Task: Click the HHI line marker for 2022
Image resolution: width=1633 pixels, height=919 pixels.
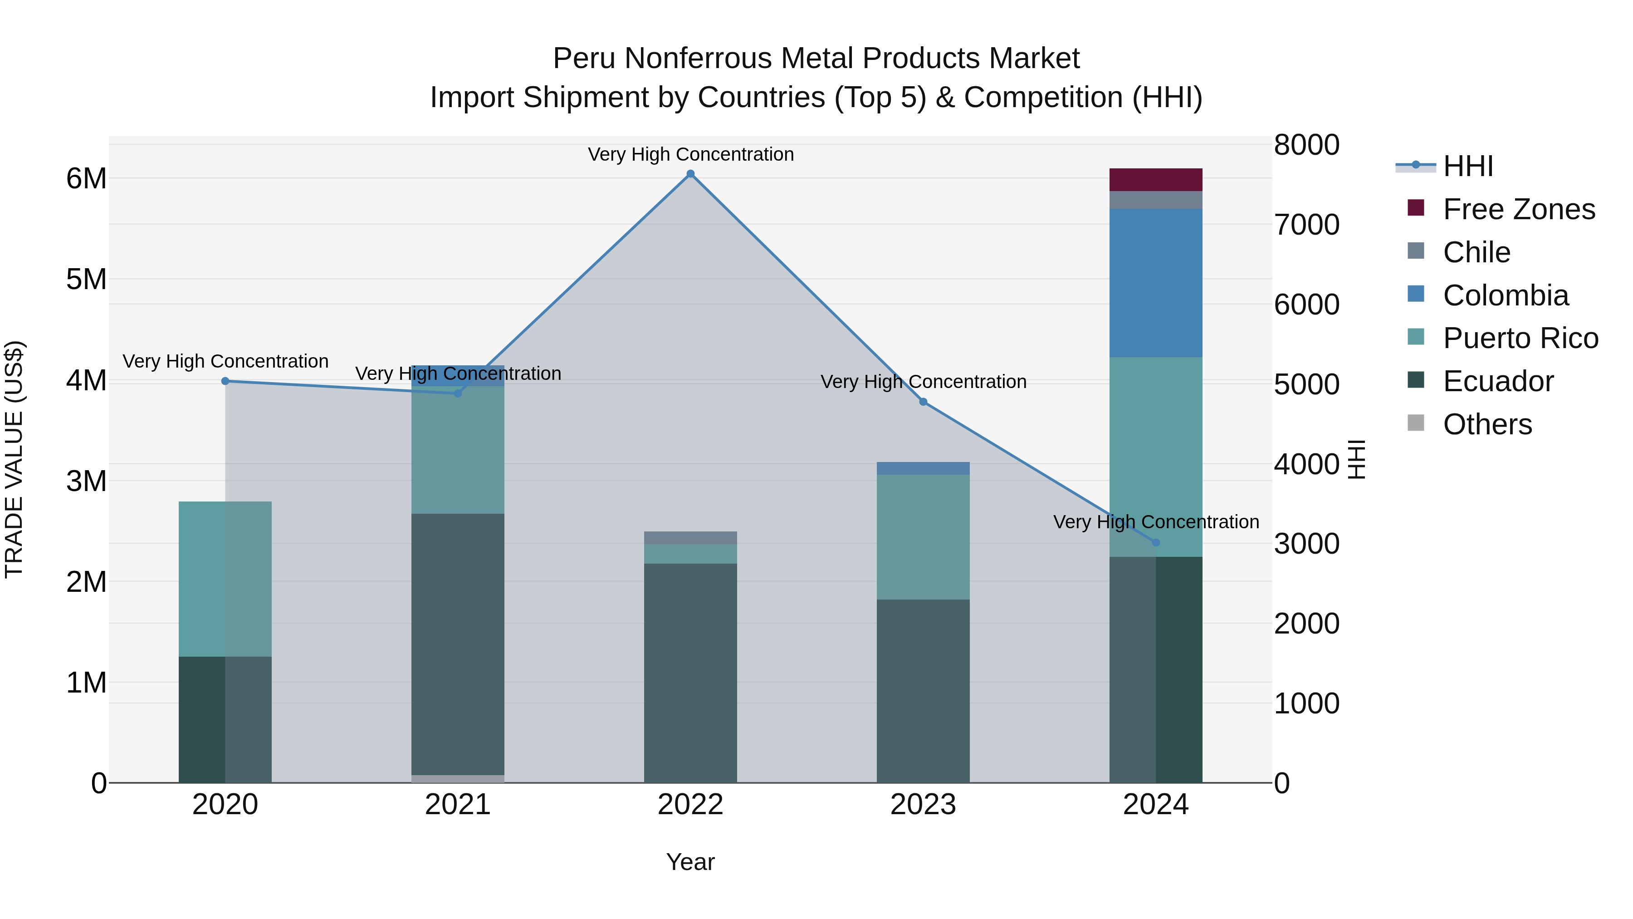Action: click(690, 174)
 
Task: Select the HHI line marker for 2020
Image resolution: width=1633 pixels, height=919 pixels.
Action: click(225, 381)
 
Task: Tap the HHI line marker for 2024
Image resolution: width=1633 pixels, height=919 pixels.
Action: click(1156, 542)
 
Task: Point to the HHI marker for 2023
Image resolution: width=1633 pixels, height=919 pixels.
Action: click(923, 402)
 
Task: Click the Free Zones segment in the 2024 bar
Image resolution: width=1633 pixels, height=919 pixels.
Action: click(1156, 179)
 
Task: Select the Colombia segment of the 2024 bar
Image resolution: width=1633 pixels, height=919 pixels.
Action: click(1156, 283)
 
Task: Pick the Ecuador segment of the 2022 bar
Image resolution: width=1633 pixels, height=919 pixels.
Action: click(690, 672)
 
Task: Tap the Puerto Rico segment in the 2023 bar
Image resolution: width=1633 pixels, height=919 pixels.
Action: click(923, 536)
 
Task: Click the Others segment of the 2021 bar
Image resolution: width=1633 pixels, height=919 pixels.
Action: click(458, 778)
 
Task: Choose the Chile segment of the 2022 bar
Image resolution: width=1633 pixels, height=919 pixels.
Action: click(690, 538)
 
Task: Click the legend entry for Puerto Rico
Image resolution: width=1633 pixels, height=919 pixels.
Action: click(1520, 338)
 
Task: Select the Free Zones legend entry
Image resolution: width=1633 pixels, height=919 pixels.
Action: click(1518, 209)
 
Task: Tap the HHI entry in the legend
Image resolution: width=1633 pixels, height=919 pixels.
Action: click(1467, 166)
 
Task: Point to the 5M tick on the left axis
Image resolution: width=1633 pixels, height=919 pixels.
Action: click(86, 279)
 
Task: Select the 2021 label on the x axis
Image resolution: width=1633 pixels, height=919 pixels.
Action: click(458, 805)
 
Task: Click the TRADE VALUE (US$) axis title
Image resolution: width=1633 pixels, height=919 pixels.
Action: click(15, 459)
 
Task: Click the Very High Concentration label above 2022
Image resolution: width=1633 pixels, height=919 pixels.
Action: click(690, 154)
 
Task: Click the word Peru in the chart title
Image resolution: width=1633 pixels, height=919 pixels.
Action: click(584, 59)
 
